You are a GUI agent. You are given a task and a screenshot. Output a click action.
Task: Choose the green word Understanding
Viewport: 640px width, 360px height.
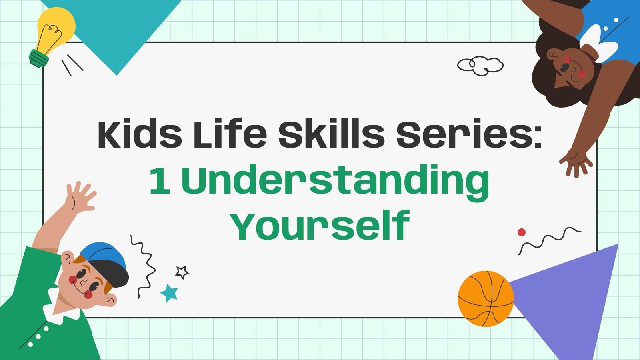click(x=335, y=182)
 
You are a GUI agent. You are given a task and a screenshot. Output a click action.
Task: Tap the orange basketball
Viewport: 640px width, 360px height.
click(x=485, y=298)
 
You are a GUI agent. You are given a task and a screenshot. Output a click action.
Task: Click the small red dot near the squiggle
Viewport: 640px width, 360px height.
click(x=521, y=232)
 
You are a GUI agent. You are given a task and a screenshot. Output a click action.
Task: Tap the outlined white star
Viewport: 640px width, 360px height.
click(x=182, y=272)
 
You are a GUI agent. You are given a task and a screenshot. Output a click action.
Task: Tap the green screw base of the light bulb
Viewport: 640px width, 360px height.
click(x=39, y=58)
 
